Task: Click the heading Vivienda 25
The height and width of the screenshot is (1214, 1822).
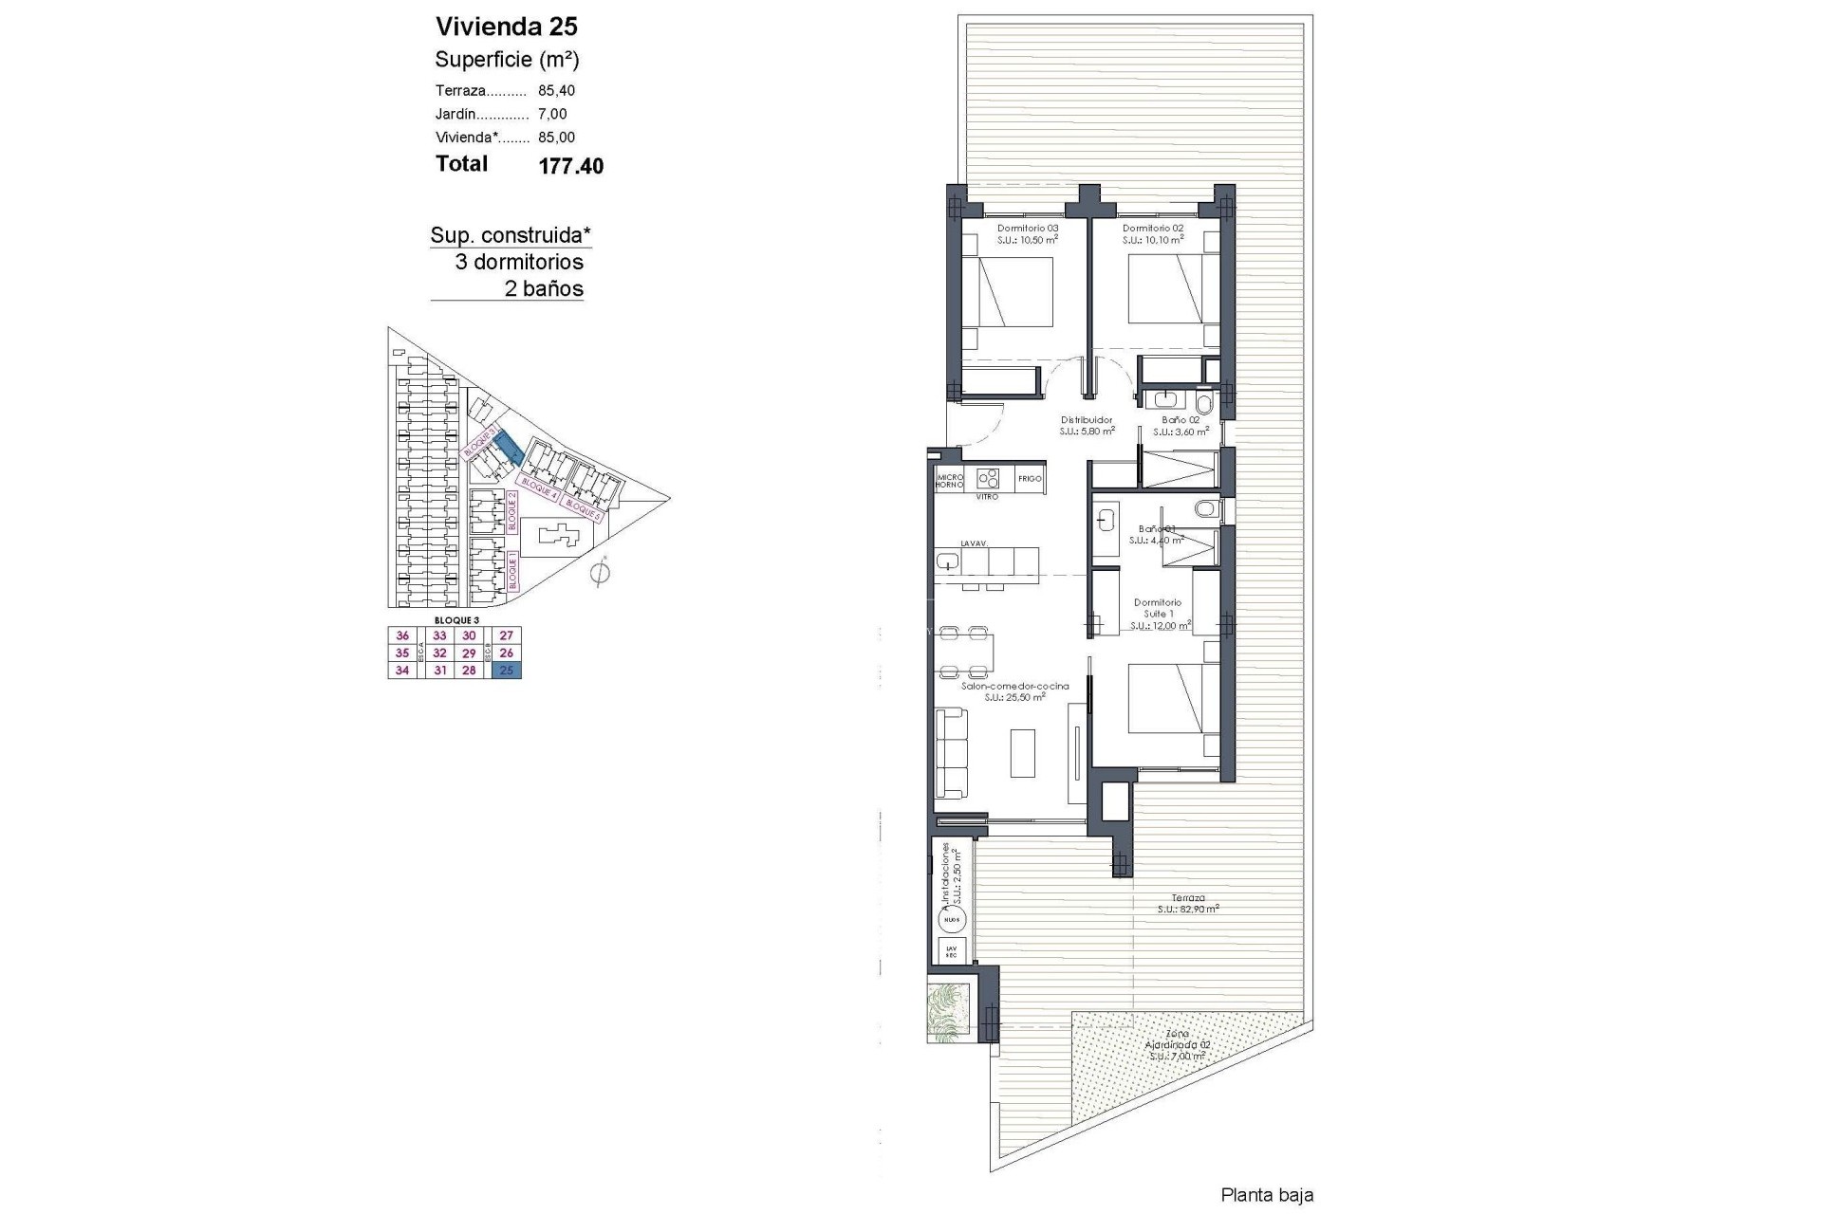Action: [x=506, y=27]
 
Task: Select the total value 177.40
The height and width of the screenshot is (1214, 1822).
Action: [x=570, y=166]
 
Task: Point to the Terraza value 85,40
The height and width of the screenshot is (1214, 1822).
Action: [x=556, y=91]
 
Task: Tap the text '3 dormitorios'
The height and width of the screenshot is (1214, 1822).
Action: [x=519, y=263]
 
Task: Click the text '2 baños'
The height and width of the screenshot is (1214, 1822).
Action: [x=544, y=289]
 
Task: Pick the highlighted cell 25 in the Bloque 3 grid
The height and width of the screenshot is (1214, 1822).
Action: [x=507, y=671]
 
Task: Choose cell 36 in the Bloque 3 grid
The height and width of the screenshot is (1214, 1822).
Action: [x=402, y=636]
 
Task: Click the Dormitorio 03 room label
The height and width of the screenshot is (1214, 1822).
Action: [x=1027, y=234]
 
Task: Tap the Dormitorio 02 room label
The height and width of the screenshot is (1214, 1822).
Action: [x=1152, y=234]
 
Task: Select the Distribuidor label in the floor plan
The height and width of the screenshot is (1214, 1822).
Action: [x=1087, y=425]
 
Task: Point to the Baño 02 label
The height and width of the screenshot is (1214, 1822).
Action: [x=1181, y=425]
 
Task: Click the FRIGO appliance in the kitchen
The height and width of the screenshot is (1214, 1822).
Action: [x=1030, y=479]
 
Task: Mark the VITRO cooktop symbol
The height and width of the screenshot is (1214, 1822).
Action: [x=988, y=479]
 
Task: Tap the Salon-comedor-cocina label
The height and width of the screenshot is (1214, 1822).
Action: [x=1014, y=691]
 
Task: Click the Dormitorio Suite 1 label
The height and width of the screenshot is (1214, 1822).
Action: [x=1158, y=614]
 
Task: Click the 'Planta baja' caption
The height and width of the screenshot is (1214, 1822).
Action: [x=1267, y=1195]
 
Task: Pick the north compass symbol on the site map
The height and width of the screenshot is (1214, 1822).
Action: [x=599, y=573]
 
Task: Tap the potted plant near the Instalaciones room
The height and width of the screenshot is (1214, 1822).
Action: [x=949, y=1008]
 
